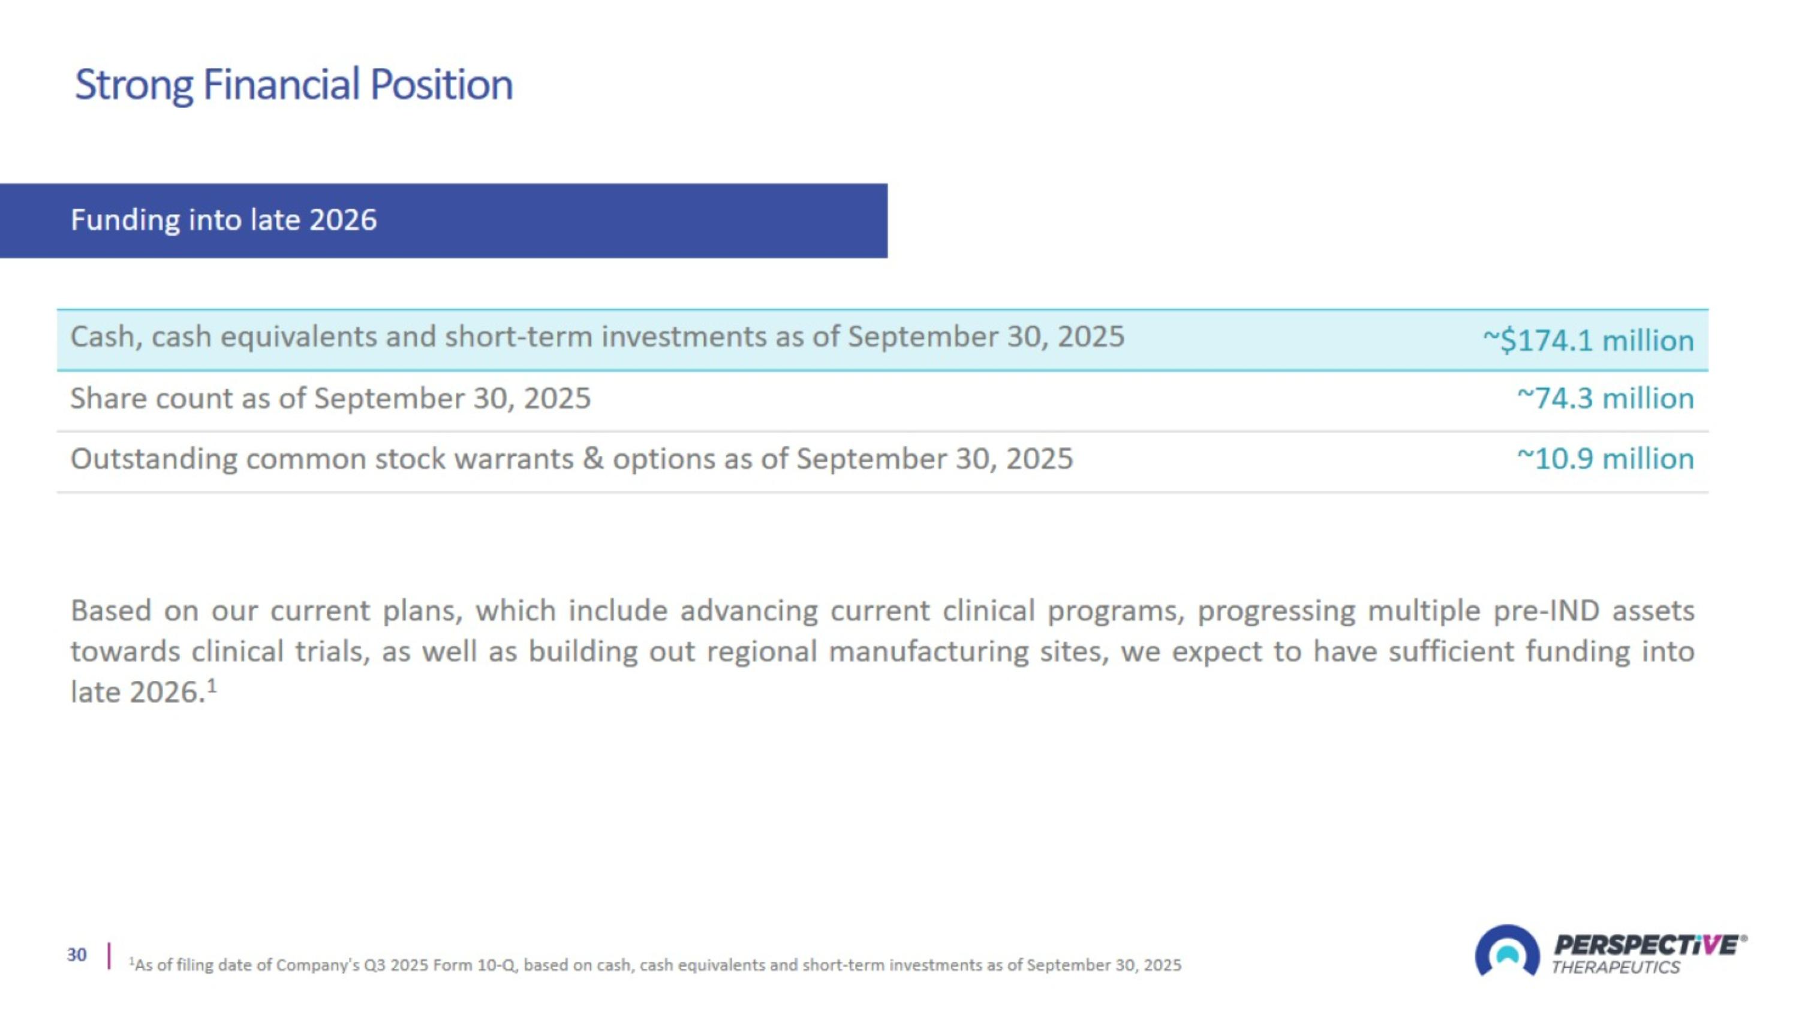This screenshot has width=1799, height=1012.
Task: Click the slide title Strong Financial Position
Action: (x=293, y=85)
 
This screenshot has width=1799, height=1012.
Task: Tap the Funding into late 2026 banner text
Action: (x=224, y=220)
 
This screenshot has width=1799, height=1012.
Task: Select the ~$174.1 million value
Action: (x=1588, y=340)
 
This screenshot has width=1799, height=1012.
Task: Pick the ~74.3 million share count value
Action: (x=1605, y=398)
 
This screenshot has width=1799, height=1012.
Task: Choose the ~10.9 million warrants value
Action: (x=1605, y=459)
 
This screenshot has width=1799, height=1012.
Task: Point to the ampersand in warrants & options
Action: (x=593, y=459)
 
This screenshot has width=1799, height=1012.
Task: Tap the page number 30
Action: (x=77, y=955)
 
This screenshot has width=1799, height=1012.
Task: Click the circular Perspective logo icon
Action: (x=1507, y=951)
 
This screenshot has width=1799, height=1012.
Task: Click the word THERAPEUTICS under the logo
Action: (x=1616, y=967)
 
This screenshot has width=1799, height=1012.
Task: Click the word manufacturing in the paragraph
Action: (x=929, y=651)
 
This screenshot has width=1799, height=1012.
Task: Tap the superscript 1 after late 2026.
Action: (x=212, y=686)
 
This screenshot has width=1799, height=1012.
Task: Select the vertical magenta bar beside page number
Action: (x=109, y=956)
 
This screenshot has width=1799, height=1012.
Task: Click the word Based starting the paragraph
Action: (x=111, y=611)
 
